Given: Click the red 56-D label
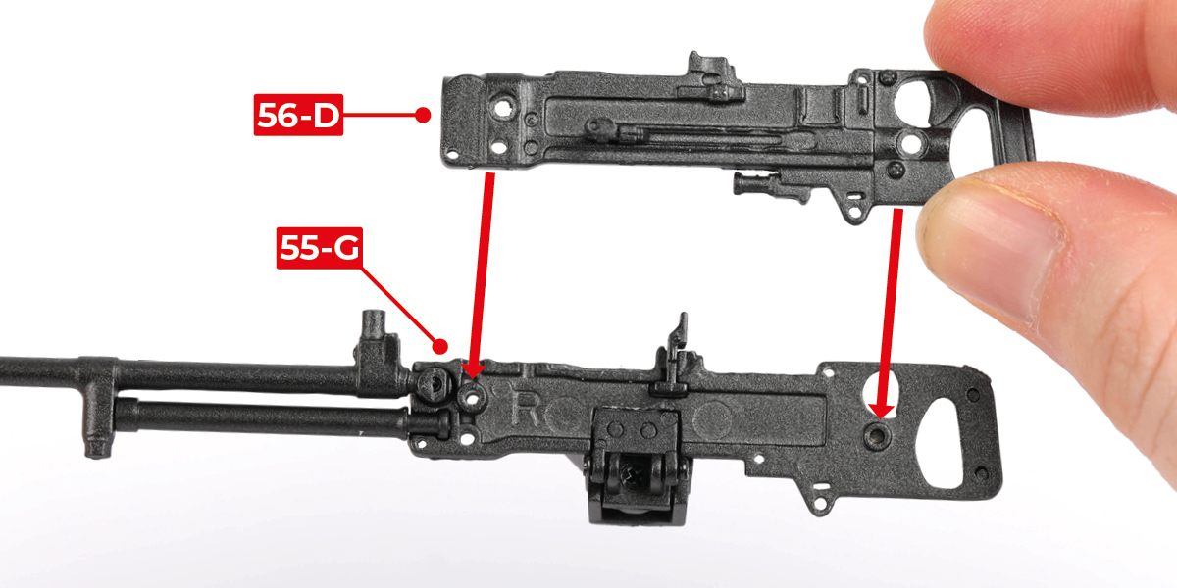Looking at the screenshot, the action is point(298,115).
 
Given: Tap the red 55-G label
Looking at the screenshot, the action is point(320,248).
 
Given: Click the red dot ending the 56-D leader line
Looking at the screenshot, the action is point(423,115).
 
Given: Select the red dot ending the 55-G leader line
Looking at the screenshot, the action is point(439,347).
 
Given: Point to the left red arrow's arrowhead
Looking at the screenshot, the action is point(473,369).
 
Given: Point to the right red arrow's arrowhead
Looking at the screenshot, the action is point(881,410).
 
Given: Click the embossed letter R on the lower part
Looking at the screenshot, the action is point(526,409).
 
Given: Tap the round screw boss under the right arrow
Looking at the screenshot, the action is point(878,435).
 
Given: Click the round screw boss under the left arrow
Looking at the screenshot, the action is point(472,399).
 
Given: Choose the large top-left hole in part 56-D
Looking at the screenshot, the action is point(502,107).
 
